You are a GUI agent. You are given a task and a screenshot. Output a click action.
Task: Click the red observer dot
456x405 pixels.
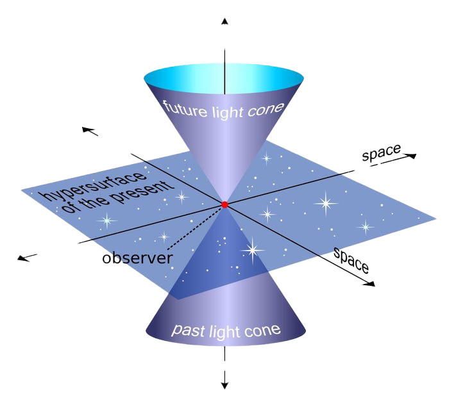tap(224, 204)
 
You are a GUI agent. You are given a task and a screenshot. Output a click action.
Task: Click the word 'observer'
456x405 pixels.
tap(137, 258)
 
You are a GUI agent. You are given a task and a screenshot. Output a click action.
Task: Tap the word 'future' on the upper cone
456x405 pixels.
tap(185, 109)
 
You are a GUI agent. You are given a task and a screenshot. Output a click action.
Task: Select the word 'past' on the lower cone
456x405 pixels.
tap(188, 331)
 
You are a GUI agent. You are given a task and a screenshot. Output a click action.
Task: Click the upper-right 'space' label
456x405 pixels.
tap(381, 152)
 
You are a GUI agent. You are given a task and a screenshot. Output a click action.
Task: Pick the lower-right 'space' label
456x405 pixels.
tap(351, 260)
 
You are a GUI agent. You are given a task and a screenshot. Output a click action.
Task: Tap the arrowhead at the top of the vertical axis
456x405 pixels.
tap(224, 21)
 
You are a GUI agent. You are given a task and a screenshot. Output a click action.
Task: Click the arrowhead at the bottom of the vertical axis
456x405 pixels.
tap(224, 385)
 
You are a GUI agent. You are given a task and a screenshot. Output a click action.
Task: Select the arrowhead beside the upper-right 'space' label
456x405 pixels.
tap(412, 156)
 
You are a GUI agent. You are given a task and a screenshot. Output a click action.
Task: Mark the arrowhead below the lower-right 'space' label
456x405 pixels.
tap(370, 284)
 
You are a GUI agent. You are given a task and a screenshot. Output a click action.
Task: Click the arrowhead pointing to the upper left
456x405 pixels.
tap(87, 129)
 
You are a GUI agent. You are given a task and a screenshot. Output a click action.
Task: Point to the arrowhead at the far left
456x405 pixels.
tap(22, 258)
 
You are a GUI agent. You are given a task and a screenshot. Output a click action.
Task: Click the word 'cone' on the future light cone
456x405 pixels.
tap(266, 110)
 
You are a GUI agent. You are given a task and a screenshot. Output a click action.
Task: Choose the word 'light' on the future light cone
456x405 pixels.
tap(228, 112)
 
